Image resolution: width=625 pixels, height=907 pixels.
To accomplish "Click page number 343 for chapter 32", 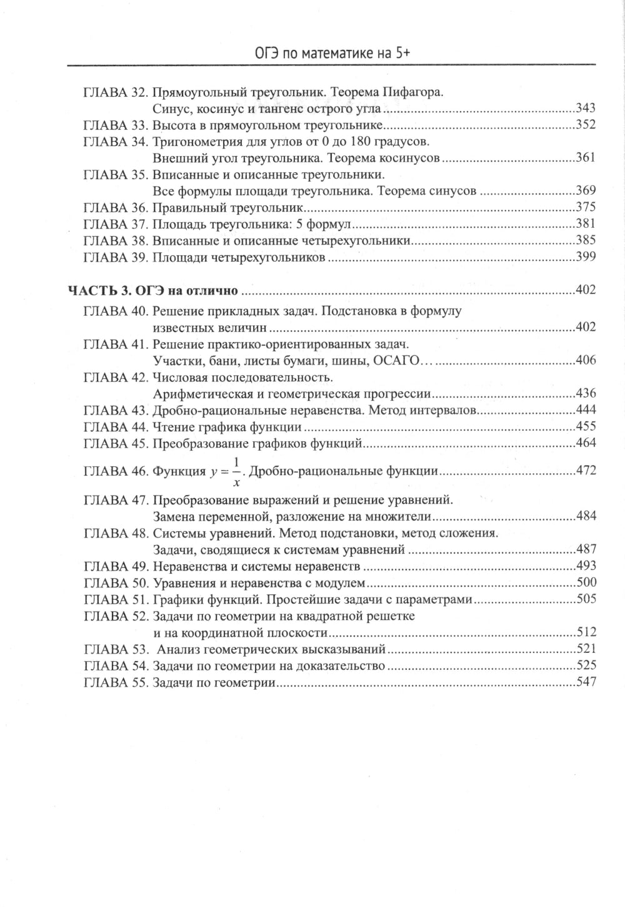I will tap(585, 108).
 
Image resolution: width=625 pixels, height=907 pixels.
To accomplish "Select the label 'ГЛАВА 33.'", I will tap(115, 124).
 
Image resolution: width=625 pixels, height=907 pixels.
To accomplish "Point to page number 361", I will tap(585, 157).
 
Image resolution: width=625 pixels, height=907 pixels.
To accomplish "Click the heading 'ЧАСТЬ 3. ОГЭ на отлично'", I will tap(153, 290).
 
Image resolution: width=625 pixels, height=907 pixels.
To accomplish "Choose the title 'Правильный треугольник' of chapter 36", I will tap(228, 207).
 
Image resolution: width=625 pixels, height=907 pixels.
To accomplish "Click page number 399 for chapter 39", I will tap(585, 257).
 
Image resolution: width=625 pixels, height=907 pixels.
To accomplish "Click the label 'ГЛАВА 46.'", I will tap(115, 471).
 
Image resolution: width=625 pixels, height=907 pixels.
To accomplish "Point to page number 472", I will tap(586, 471).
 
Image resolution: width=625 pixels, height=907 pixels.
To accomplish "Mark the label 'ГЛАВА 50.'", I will tap(115, 583).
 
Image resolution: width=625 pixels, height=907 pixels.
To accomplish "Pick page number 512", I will tap(586, 632).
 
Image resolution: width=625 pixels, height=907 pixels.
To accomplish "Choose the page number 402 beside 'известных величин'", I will tap(585, 327).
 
